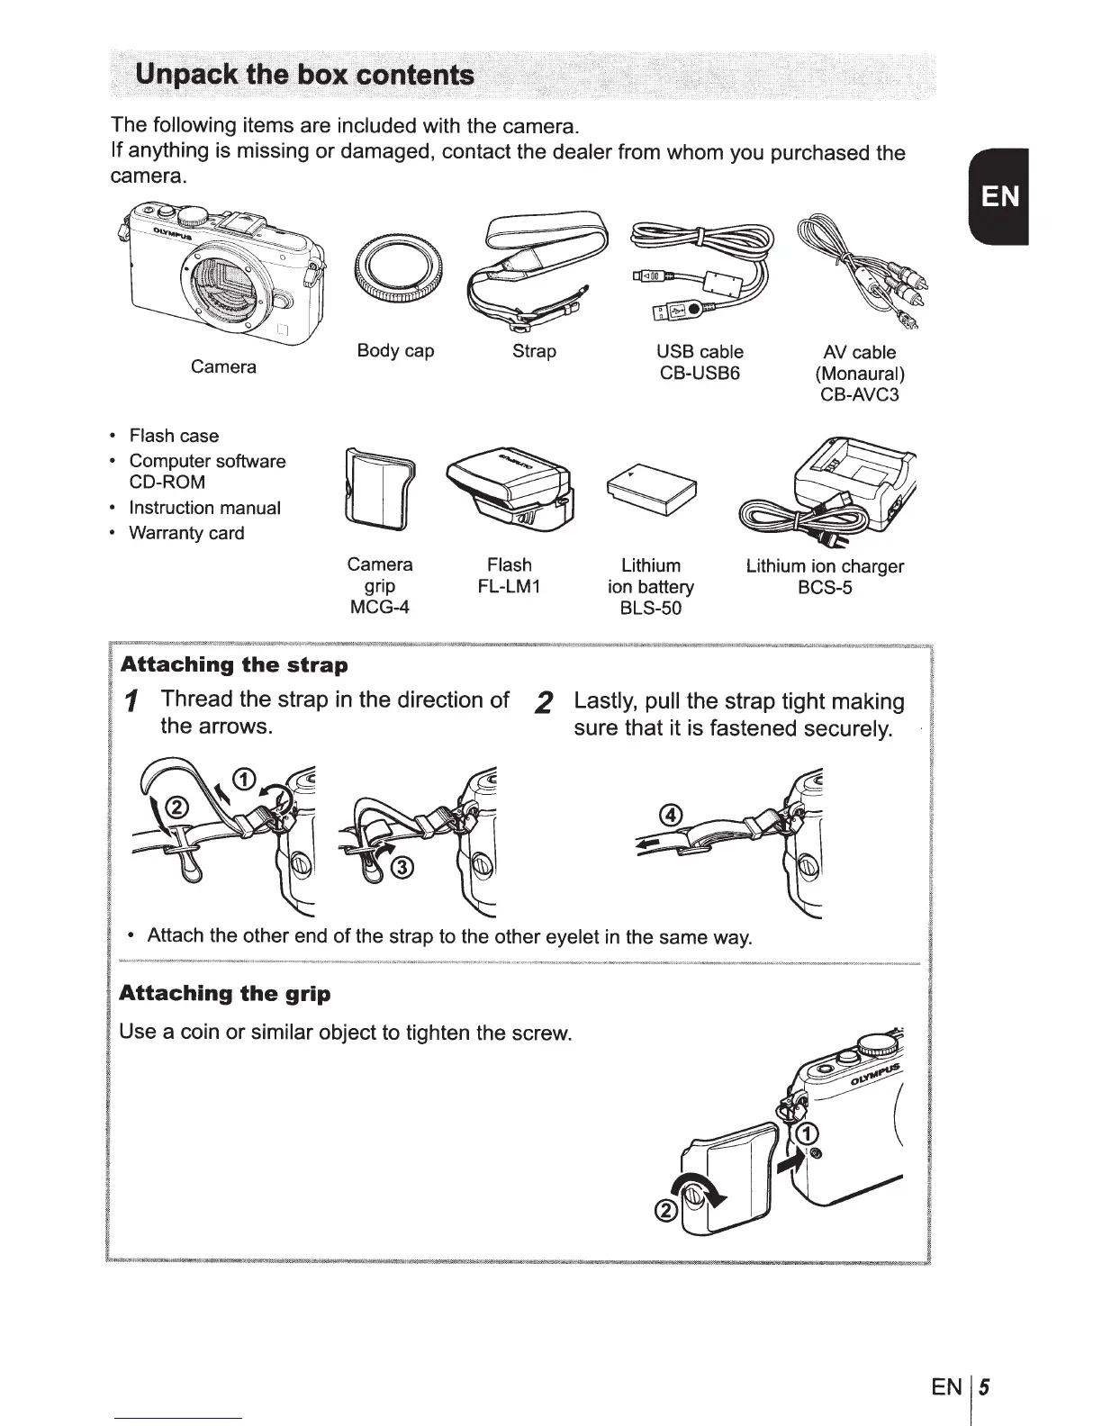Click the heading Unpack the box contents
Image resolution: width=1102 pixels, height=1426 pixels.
304,74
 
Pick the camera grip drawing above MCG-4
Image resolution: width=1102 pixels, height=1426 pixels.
379,491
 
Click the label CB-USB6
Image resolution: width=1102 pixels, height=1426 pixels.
700,373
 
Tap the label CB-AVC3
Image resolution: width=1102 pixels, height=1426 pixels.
859,394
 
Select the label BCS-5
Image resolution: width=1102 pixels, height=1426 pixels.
825,588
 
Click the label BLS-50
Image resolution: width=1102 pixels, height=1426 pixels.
651,609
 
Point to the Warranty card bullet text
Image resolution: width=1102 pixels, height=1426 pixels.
186,533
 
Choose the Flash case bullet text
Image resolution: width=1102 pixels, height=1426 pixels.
174,436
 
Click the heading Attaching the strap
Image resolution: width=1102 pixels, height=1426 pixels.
234,665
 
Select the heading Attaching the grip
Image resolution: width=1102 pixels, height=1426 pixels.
225,994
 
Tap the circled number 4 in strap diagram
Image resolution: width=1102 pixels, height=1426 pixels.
669,816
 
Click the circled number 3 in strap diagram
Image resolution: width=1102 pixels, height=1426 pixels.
402,867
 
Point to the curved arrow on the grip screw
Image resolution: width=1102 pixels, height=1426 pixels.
709,1194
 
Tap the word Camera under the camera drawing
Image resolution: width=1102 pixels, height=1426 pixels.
223,366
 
